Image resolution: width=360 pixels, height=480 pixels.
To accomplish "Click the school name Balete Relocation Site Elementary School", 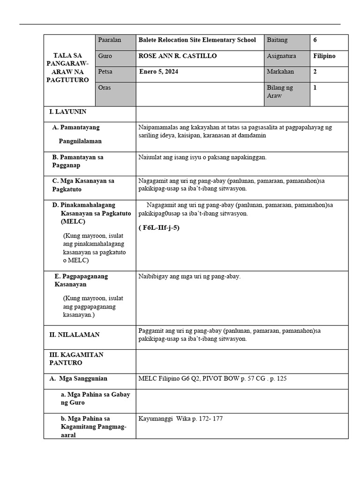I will (197, 40).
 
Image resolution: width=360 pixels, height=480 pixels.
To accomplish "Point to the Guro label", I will (105, 56).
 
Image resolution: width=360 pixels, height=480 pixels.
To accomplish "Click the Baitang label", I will (277, 40).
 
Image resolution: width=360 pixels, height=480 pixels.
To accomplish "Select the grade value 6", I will (315, 40).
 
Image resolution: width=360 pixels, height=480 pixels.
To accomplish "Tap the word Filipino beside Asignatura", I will (324, 56).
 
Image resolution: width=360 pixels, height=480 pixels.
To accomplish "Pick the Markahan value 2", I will (315, 72).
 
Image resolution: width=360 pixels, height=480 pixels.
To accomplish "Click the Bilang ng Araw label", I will (280, 91).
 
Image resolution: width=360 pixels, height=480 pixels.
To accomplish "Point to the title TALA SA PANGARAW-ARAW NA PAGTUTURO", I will (67, 68).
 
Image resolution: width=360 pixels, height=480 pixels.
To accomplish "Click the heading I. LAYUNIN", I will (68, 112).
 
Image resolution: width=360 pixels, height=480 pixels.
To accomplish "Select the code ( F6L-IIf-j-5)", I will (159, 228).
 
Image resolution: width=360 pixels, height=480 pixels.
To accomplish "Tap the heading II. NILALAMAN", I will (75, 335).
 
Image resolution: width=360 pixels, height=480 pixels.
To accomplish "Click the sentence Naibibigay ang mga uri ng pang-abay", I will (189, 277).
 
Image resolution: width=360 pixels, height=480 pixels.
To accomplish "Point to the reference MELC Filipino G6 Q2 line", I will (212, 378).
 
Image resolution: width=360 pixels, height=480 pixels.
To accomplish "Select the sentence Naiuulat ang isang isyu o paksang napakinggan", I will (202, 157).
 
